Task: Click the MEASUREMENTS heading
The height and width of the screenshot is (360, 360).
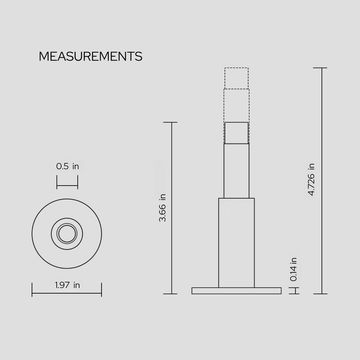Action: click(90, 57)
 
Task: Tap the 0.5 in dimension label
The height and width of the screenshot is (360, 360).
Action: click(67, 166)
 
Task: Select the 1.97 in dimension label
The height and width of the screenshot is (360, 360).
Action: click(67, 285)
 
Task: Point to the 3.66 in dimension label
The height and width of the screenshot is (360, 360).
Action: click(162, 208)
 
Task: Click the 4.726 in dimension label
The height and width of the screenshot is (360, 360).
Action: click(311, 180)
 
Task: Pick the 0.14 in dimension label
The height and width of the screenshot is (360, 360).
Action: click(294, 269)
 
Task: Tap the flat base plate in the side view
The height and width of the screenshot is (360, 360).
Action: click(237, 291)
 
